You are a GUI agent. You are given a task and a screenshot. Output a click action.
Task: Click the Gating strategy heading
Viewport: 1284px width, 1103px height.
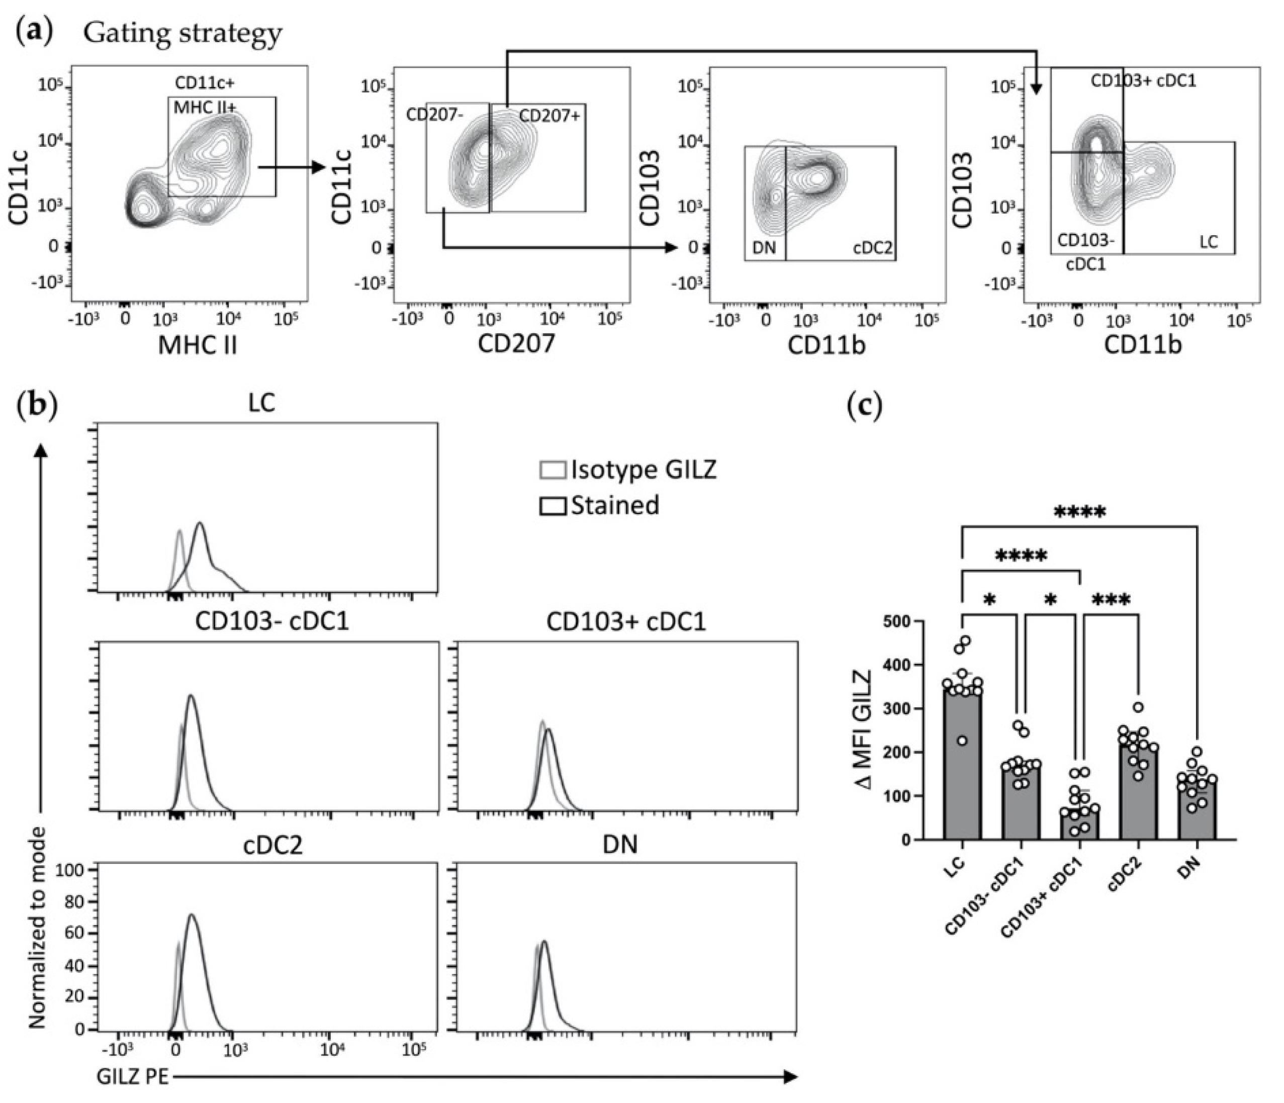pyautogui.click(x=183, y=34)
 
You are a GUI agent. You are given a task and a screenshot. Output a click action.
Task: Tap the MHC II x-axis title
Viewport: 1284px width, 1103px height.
pyautogui.click(x=198, y=346)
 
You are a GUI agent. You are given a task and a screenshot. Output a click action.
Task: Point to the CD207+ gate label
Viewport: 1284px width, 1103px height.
pyautogui.click(x=549, y=116)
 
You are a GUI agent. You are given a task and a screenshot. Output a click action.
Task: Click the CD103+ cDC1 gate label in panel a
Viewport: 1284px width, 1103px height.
pyautogui.click(x=1143, y=81)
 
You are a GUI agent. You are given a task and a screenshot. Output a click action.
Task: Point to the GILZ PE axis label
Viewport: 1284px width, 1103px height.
pyautogui.click(x=133, y=1077)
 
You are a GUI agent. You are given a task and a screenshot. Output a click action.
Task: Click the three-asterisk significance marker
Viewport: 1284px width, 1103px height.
pyautogui.click(x=1111, y=600)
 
